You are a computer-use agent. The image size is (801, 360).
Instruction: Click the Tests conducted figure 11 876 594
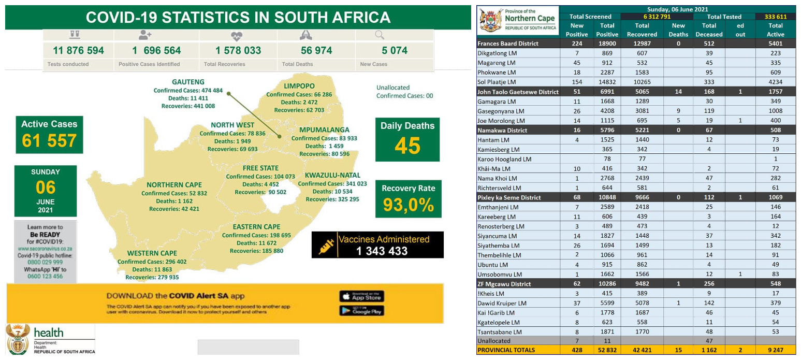78,50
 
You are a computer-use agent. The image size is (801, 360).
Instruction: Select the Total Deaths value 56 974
316,50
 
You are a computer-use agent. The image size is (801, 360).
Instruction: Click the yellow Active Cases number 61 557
49,140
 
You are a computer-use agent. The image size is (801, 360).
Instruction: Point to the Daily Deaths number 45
407,146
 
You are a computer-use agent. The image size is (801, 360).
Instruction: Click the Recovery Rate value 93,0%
409,205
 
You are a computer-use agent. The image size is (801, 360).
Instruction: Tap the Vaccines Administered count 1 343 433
382,251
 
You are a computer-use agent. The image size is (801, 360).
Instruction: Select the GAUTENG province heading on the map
188,82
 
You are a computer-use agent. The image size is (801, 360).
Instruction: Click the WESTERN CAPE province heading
152,253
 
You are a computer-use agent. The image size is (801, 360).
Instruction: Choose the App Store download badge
361,296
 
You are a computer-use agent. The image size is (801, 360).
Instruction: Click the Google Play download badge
361,311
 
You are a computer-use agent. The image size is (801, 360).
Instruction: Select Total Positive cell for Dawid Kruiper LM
607,303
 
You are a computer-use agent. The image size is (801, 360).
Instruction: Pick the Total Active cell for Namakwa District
775,130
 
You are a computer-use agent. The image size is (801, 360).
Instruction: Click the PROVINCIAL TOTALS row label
506,350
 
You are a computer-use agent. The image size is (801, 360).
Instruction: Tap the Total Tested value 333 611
775,17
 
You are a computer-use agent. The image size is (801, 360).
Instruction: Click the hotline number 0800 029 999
46,263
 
